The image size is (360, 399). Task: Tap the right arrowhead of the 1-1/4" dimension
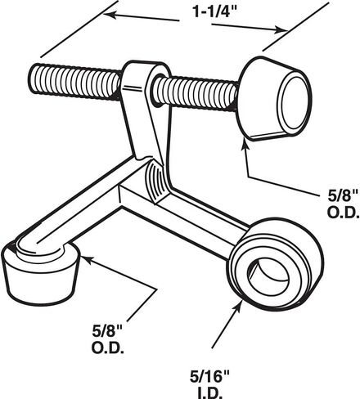pyautogui.click(x=281, y=29)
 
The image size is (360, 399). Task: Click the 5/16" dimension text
pyautogui.click(x=209, y=377)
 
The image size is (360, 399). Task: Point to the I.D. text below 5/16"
pyautogui.click(x=209, y=393)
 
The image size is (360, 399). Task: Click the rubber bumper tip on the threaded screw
pyautogui.click(x=273, y=99)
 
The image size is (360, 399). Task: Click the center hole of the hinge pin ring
pyautogui.click(x=269, y=275)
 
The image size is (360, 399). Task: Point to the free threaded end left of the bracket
pyautogui.click(x=74, y=82)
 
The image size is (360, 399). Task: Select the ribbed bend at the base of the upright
pyautogui.click(x=157, y=181)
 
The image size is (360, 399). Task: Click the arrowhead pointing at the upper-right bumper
pyautogui.click(x=245, y=148)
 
